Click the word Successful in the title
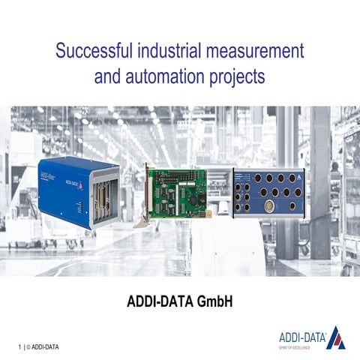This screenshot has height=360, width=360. [x=94, y=52]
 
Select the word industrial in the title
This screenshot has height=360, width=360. [x=168, y=52]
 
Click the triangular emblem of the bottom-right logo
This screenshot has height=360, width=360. [x=336, y=338]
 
